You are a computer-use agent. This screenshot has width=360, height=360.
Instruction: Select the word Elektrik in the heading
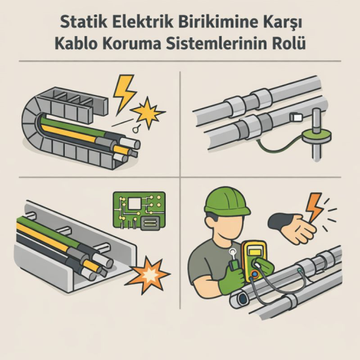[x=141, y=22]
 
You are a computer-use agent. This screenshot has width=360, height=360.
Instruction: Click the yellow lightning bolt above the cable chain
[x=124, y=92]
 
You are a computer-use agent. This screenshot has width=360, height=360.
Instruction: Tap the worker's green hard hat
[x=226, y=200]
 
